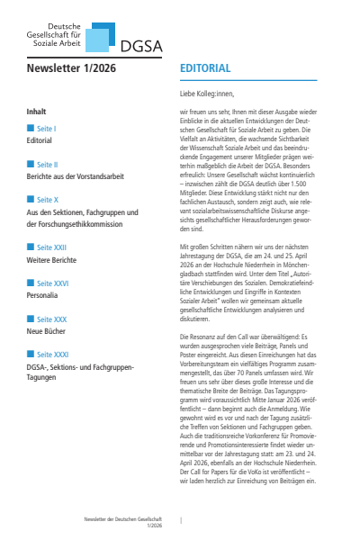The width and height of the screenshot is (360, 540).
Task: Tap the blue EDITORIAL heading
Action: pyautogui.click(x=205, y=68)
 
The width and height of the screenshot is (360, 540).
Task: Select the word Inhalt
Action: pyautogui.click(x=37, y=112)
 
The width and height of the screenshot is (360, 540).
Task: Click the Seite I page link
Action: pyautogui.click(x=45, y=130)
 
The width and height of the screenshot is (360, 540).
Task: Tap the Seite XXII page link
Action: pyautogui.click(x=50, y=247)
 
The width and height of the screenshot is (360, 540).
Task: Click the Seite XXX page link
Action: pyautogui.click(x=49, y=318)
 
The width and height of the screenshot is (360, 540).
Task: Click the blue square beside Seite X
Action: pyautogui.click(x=31, y=199)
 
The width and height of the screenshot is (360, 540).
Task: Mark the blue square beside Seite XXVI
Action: pyautogui.click(x=31, y=283)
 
